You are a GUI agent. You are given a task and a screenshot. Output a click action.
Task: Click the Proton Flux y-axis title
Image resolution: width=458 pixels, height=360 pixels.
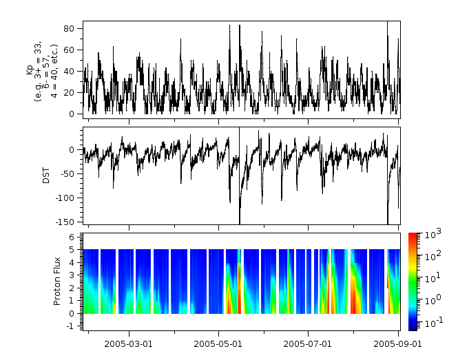[59, 281]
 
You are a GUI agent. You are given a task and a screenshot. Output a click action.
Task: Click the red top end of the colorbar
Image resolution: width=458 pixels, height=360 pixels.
[413, 236]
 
